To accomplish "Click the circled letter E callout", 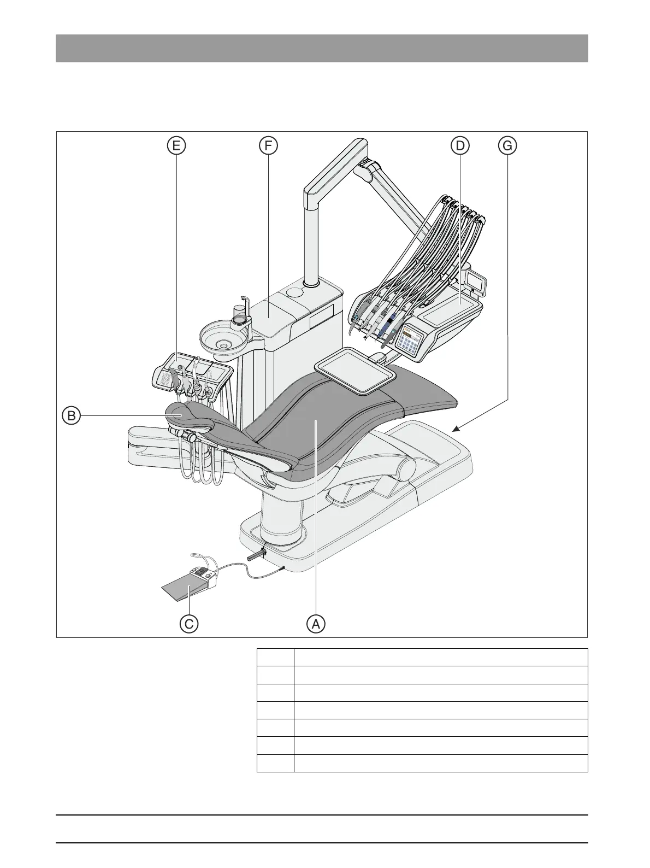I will tap(176, 145).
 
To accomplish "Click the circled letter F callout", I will tap(268, 145).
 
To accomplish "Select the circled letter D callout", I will tap(459, 145).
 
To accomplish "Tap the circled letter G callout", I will tap(507, 145).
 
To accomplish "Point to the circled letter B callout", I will tap(71, 415).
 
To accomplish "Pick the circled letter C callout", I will tap(189, 623).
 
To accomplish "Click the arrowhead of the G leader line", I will tap(454, 430).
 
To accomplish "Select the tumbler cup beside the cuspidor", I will tap(239, 315).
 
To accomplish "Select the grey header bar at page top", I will tap(322, 48).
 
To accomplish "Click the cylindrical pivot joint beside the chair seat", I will tap(405, 468).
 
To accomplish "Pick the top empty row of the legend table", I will tap(422, 657).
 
